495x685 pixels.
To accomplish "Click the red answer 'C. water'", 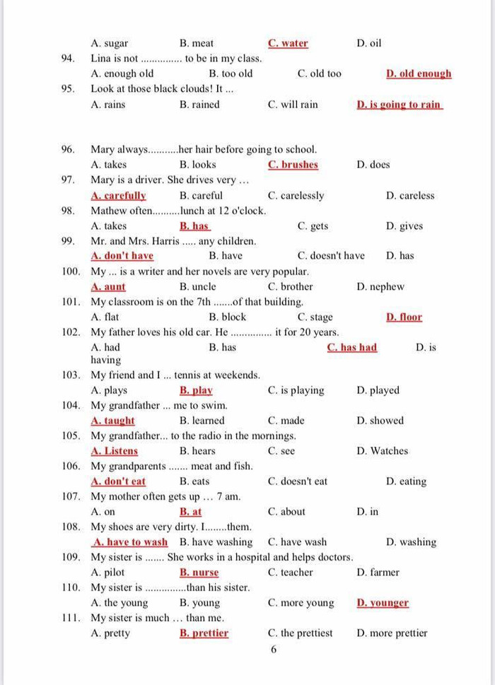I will [x=288, y=43].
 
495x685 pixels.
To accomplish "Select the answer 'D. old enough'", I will [x=419, y=74].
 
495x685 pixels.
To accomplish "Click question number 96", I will [x=69, y=149].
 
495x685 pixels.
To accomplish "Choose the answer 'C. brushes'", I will [x=293, y=165].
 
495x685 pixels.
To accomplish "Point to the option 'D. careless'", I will [x=410, y=196].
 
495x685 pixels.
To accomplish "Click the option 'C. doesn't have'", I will [x=331, y=256].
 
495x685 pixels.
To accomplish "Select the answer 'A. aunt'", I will [x=108, y=287].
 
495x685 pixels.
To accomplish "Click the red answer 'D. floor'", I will [x=404, y=317].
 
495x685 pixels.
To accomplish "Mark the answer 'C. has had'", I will [x=351, y=348].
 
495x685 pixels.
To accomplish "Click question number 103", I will [x=71, y=375].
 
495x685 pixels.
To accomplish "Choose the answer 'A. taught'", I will [x=112, y=421].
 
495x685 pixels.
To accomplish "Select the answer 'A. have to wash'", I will [x=130, y=542].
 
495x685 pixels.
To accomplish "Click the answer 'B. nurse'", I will [x=199, y=573].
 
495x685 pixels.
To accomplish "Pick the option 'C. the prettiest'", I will [x=300, y=633].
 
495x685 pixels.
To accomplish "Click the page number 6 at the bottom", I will [x=274, y=650].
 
